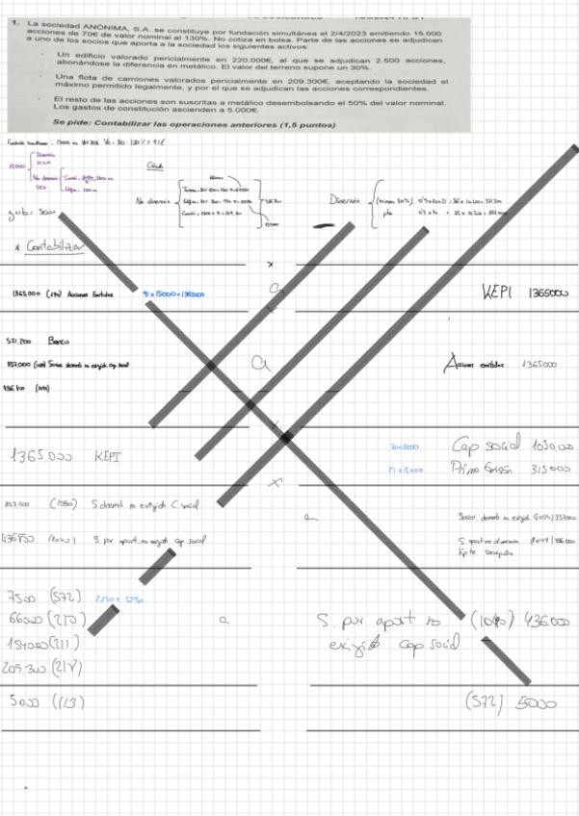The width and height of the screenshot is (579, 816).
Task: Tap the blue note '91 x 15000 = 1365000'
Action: tap(172, 293)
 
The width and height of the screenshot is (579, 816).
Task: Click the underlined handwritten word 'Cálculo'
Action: tap(153, 166)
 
